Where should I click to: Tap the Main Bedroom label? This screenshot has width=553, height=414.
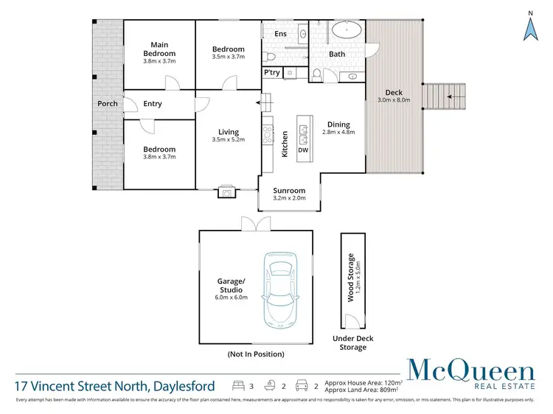point(159,49)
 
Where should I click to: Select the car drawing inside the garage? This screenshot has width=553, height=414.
point(282,290)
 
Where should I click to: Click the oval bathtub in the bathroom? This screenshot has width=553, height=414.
point(345,31)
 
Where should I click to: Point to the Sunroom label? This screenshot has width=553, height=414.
point(289,190)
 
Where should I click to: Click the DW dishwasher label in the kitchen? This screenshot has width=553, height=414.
point(303,150)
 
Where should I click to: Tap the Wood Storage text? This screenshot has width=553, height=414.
point(351,281)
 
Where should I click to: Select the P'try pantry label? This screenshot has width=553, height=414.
point(271,72)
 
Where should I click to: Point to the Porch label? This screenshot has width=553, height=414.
point(108,104)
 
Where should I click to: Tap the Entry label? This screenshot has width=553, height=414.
point(153,104)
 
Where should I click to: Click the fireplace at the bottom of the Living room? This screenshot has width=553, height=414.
point(227,193)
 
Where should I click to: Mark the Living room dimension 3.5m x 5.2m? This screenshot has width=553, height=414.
point(228,139)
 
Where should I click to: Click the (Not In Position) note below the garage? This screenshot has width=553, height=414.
point(255,354)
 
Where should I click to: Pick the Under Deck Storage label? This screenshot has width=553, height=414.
point(353,343)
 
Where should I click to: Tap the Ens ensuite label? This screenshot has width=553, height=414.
point(280,34)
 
